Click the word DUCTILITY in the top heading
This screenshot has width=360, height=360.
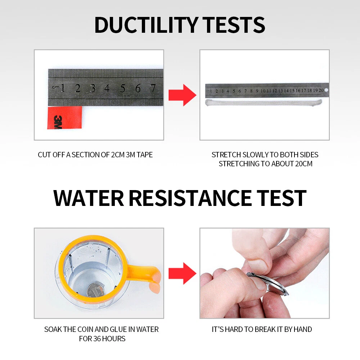point(146,25)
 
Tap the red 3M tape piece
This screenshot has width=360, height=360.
point(64,118)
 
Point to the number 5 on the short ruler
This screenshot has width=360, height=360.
point(123,88)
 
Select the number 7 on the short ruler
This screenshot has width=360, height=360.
point(153,88)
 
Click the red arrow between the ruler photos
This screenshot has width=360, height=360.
point(183,95)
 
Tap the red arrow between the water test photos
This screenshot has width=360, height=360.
point(183,274)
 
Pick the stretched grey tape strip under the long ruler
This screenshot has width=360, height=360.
point(264,103)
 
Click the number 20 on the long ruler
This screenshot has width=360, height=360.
point(321,90)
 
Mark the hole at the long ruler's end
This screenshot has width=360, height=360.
point(326,90)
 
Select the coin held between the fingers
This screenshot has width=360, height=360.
point(268,284)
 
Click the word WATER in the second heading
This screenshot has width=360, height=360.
point(89,198)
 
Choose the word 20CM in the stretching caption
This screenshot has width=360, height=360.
point(304,164)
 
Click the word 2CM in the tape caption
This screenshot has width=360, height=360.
point(118,155)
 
